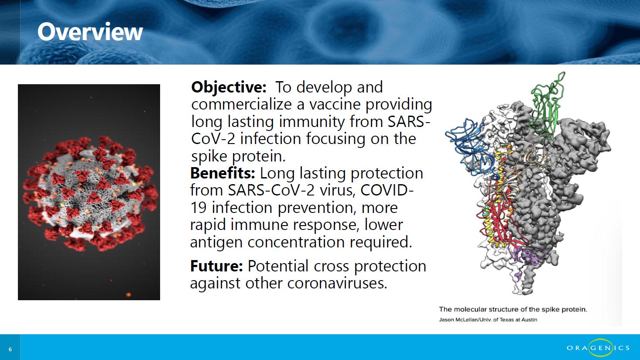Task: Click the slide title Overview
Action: click(90, 32)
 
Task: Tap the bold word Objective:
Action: click(229, 87)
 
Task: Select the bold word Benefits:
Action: click(222, 173)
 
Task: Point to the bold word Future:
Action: click(216, 266)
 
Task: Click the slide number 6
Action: click(10, 350)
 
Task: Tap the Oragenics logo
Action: click(598, 348)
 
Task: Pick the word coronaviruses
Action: click(337, 283)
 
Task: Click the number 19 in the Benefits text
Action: click(198, 208)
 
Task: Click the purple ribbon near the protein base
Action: click(526, 257)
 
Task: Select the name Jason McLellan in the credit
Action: click(458, 320)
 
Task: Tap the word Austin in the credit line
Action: click(530, 320)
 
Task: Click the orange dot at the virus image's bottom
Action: click(128, 294)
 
